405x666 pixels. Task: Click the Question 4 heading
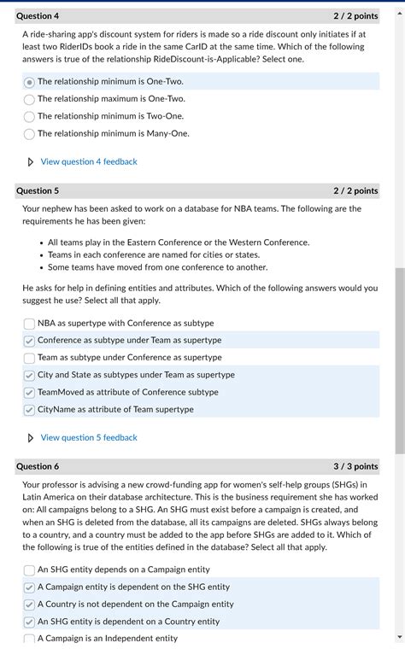pyautogui.click(x=38, y=16)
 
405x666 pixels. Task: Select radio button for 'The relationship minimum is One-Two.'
pyautogui.click(x=29, y=82)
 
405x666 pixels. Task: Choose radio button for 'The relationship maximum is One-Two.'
pyautogui.click(x=29, y=99)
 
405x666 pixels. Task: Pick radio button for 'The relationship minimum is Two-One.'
pyautogui.click(x=29, y=116)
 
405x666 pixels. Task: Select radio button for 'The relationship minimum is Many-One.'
pyautogui.click(x=29, y=134)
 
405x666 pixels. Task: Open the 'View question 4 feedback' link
pyautogui.click(x=88, y=161)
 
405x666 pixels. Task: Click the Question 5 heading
pyautogui.click(x=38, y=191)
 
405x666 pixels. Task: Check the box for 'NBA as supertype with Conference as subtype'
pyautogui.click(x=29, y=324)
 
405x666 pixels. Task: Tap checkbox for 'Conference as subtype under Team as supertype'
pyautogui.click(x=29, y=341)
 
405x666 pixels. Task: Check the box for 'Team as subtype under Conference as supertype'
pyautogui.click(x=29, y=358)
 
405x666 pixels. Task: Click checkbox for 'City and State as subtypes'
pyautogui.click(x=29, y=375)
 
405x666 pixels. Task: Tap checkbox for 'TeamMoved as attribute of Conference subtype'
pyautogui.click(x=29, y=393)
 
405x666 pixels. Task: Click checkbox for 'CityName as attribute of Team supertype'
pyautogui.click(x=29, y=410)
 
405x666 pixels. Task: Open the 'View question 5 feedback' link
pyautogui.click(x=88, y=437)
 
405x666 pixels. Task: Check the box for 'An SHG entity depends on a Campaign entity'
pyautogui.click(x=29, y=570)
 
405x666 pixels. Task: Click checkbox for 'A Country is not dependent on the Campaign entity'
pyautogui.click(x=29, y=605)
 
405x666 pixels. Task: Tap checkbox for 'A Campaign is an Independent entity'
pyautogui.click(x=29, y=639)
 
